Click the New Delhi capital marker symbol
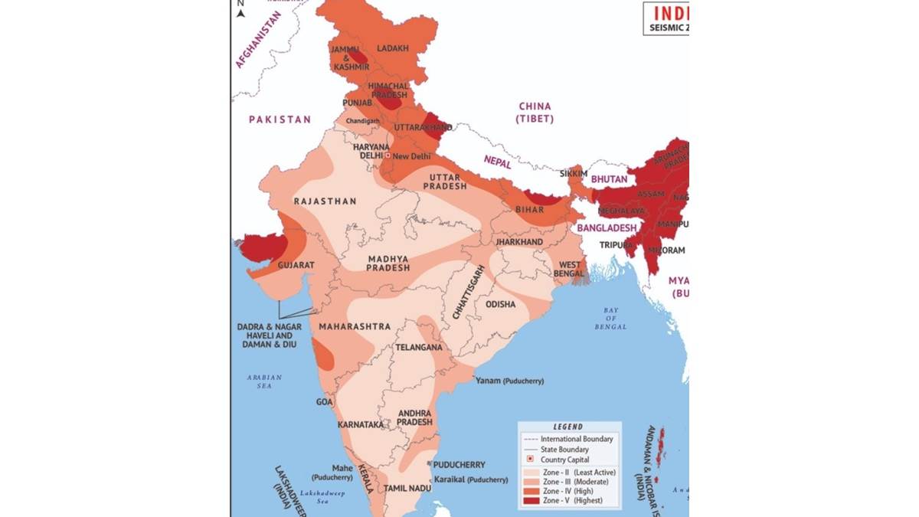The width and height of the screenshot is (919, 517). click(x=388, y=155)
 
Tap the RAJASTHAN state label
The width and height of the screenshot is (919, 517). click(x=325, y=201)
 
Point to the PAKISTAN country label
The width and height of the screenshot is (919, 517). click(x=280, y=119)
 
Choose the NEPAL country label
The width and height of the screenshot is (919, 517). click(x=497, y=160)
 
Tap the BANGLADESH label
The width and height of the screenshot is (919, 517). click(x=607, y=228)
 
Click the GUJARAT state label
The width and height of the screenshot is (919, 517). click(x=296, y=264)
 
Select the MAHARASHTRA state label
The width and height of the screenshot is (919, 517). click(x=355, y=326)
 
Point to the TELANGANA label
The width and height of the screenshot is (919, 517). click(x=418, y=347)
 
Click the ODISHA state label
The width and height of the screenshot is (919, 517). click(x=500, y=304)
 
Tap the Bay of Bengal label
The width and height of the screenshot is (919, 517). click(x=610, y=318)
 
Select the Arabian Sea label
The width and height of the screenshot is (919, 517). click(x=264, y=381)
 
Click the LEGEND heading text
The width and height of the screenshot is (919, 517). click(x=567, y=427)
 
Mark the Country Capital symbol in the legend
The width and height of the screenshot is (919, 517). click(x=530, y=460)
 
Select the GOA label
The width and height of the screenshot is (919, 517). click(x=325, y=401)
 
